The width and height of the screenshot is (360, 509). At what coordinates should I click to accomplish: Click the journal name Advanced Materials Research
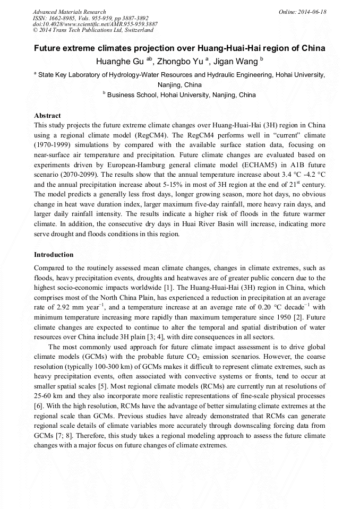coord(69,12)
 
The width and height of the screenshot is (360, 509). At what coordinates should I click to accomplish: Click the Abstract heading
coord(47,115)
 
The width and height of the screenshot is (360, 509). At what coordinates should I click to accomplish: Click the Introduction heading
coord(54,254)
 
